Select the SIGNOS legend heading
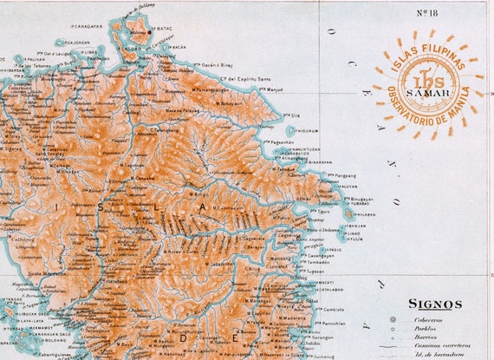pyautogui.click(x=435, y=304)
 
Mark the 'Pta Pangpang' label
pyautogui.click(x=322, y=175)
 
